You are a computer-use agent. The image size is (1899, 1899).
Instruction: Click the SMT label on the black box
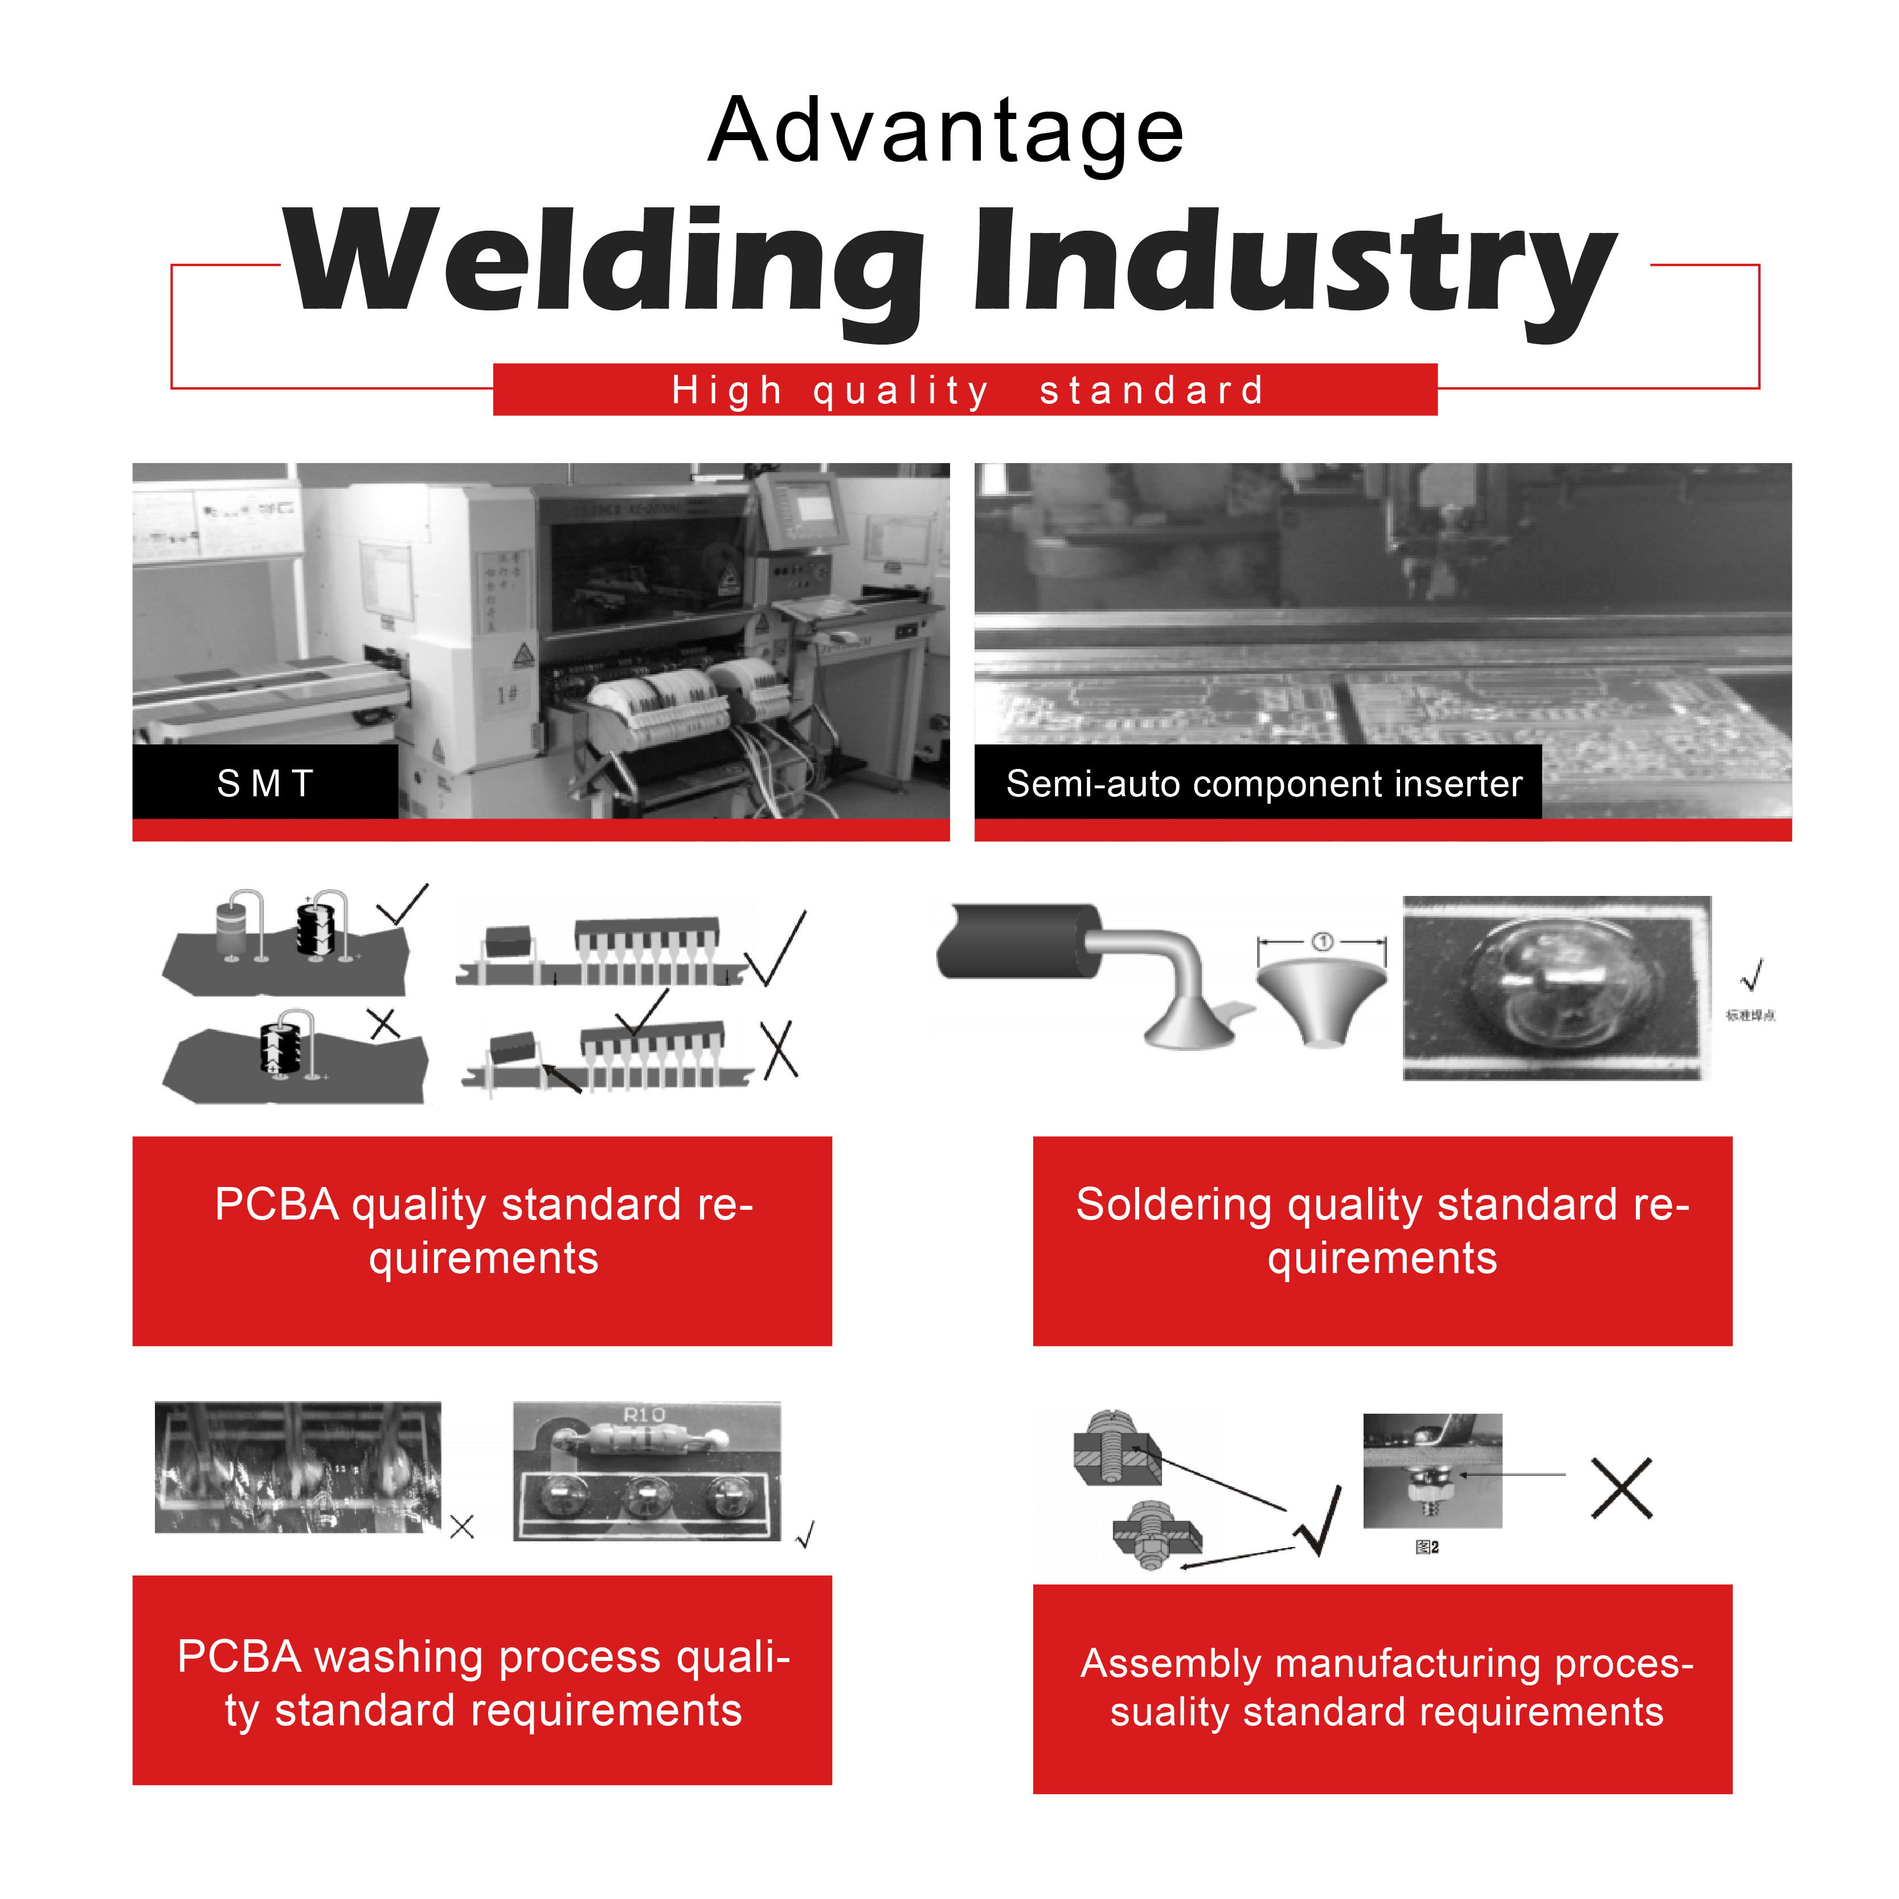tap(265, 783)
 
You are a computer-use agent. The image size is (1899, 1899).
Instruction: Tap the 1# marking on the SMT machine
tap(507, 695)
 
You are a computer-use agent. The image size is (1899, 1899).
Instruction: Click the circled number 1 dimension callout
tap(1322, 943)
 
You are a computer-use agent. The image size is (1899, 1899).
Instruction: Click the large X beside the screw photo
tap(1622, 1488)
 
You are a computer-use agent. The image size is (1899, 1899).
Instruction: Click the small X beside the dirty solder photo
tap(462, 1526)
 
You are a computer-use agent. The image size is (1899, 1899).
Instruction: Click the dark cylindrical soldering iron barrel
tap(1017, 942)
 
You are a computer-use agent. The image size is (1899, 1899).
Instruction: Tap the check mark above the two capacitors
tap(403, 905)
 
